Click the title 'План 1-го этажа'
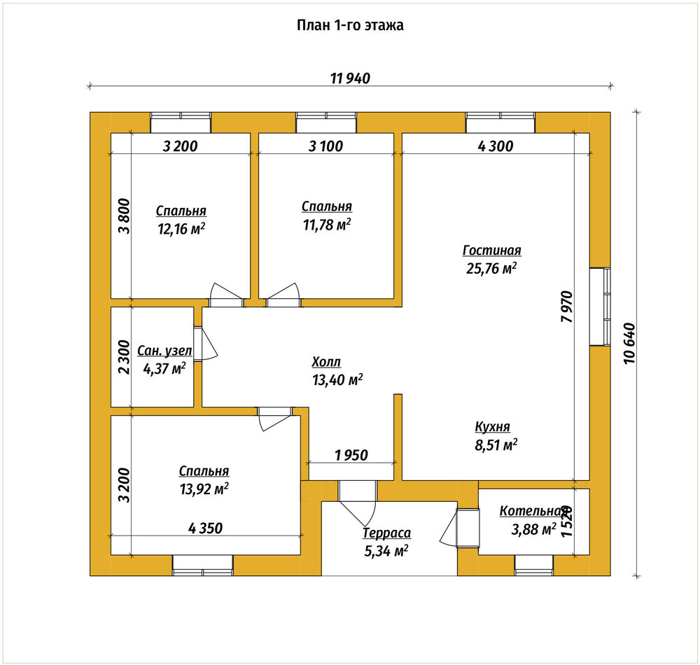pyautogui.click(x=350, y=25)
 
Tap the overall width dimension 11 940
pyautogui.click(x=350, y=78)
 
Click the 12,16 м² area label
pyautogui.click(x=181, y=229)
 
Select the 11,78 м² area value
pyautogui.click(x=327, y=225)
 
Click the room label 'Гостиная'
pyautogui.click(x=491, y=251)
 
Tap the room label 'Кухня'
pyautogui.click(x=492, y=427)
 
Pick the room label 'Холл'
pyautogui.click(x=326, y=361)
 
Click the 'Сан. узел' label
pyautogui.click(x=164, y=351)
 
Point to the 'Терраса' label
pyautogui.click(x=386, y=533)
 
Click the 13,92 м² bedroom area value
pyautogui.click(x=204, y=489)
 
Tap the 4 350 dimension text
pyautogui.click(x=205, y=528)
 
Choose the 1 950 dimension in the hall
pyautogui.click(x=351, y=455)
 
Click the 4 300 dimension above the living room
pyautogui.click(x=496, y=146)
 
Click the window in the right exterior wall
pyautogui.click(x=600, y=306)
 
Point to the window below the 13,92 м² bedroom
pyautogui.click(x=203, y=566)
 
